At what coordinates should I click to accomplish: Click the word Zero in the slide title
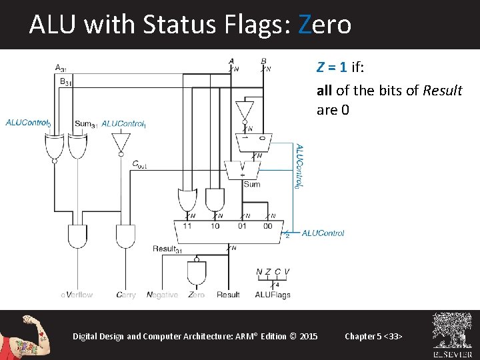point(325,25)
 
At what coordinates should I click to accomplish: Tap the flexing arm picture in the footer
point(26,335)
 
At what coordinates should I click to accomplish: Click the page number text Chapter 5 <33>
point(373,336)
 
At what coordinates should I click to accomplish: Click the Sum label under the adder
point(251,184)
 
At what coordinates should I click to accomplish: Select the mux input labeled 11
point(187,226)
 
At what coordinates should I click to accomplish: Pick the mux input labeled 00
point(267,226)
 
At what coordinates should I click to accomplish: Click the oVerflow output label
point(77,295)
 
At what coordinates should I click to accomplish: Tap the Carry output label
point(126,295)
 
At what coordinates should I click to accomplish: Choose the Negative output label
point(162,295)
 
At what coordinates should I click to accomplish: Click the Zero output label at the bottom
point(197,295)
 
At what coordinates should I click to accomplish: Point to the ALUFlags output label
point(273,295)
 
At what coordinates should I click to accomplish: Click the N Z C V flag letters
point(273,271)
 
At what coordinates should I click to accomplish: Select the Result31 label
point(167,249)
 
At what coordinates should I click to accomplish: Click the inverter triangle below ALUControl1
point(121,142)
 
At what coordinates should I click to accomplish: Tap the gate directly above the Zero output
point(197,272)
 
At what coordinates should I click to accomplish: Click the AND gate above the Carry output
point(125,237)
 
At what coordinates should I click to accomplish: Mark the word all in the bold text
point(324,91)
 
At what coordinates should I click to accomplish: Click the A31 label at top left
point(60,67)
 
